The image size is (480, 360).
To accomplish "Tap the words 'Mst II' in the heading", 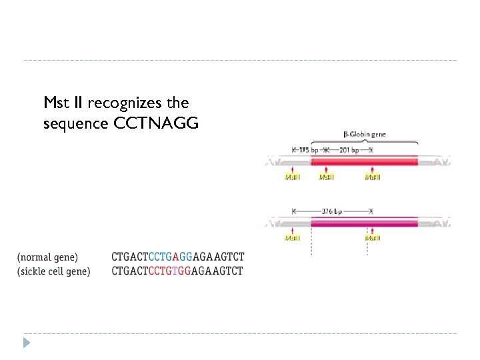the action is click(63, 103).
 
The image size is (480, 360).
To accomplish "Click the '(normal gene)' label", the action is click(48, 257).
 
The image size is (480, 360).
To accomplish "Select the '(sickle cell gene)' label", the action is click(54, 271).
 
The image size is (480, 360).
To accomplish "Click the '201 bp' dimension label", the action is click(349, 150).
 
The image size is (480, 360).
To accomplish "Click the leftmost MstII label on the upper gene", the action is click(293, 177).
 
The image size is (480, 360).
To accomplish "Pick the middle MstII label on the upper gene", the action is click(327, 177).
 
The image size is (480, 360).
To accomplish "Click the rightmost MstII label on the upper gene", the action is click(373, 177).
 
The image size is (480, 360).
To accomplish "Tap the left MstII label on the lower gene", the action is click(293, 238).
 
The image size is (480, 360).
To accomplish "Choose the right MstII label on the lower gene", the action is click(373, 238).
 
